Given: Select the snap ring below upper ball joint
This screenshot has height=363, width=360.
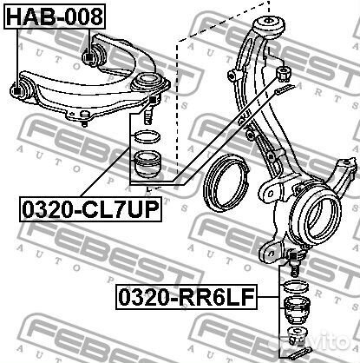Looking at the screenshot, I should coord(144,136).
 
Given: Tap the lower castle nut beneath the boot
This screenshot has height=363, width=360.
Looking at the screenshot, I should coord(297,335).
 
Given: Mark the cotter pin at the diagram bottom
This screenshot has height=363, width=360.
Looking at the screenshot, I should coord(298,353).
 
